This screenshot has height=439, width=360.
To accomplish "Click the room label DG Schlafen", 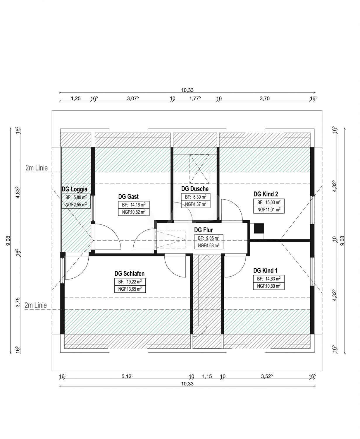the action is coord(129,274).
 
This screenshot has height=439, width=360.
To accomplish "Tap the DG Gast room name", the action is coord(128,196).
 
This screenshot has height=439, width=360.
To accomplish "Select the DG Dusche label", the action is coord(195,189).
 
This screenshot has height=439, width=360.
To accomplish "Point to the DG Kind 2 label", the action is coord(266,194).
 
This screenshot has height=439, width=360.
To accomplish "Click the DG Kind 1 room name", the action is coord(265,271).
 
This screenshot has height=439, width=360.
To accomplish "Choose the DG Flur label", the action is coord(204,230).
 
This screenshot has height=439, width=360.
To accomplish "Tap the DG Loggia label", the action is coord(74,189).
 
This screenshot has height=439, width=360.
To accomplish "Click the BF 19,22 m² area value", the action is coord(130,282).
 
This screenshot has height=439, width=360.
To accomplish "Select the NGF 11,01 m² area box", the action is coord(269,210).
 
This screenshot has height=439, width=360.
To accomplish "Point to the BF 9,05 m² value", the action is coord(209,238).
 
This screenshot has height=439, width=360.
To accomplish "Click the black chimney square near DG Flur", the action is coord(259,228).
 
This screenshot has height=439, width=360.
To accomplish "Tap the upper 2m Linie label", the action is coord(37,168).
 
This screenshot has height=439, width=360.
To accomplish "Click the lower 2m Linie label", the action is coord(36,305).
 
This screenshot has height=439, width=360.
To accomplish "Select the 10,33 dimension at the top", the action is coord(187,90).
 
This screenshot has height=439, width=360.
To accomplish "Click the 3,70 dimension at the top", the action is coord(265,98).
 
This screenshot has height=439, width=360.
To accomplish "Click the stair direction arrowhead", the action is coord(207,257).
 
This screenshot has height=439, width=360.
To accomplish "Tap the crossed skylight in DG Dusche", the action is coord(199,169).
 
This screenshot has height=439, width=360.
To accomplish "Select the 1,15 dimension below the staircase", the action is coord(207,376).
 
